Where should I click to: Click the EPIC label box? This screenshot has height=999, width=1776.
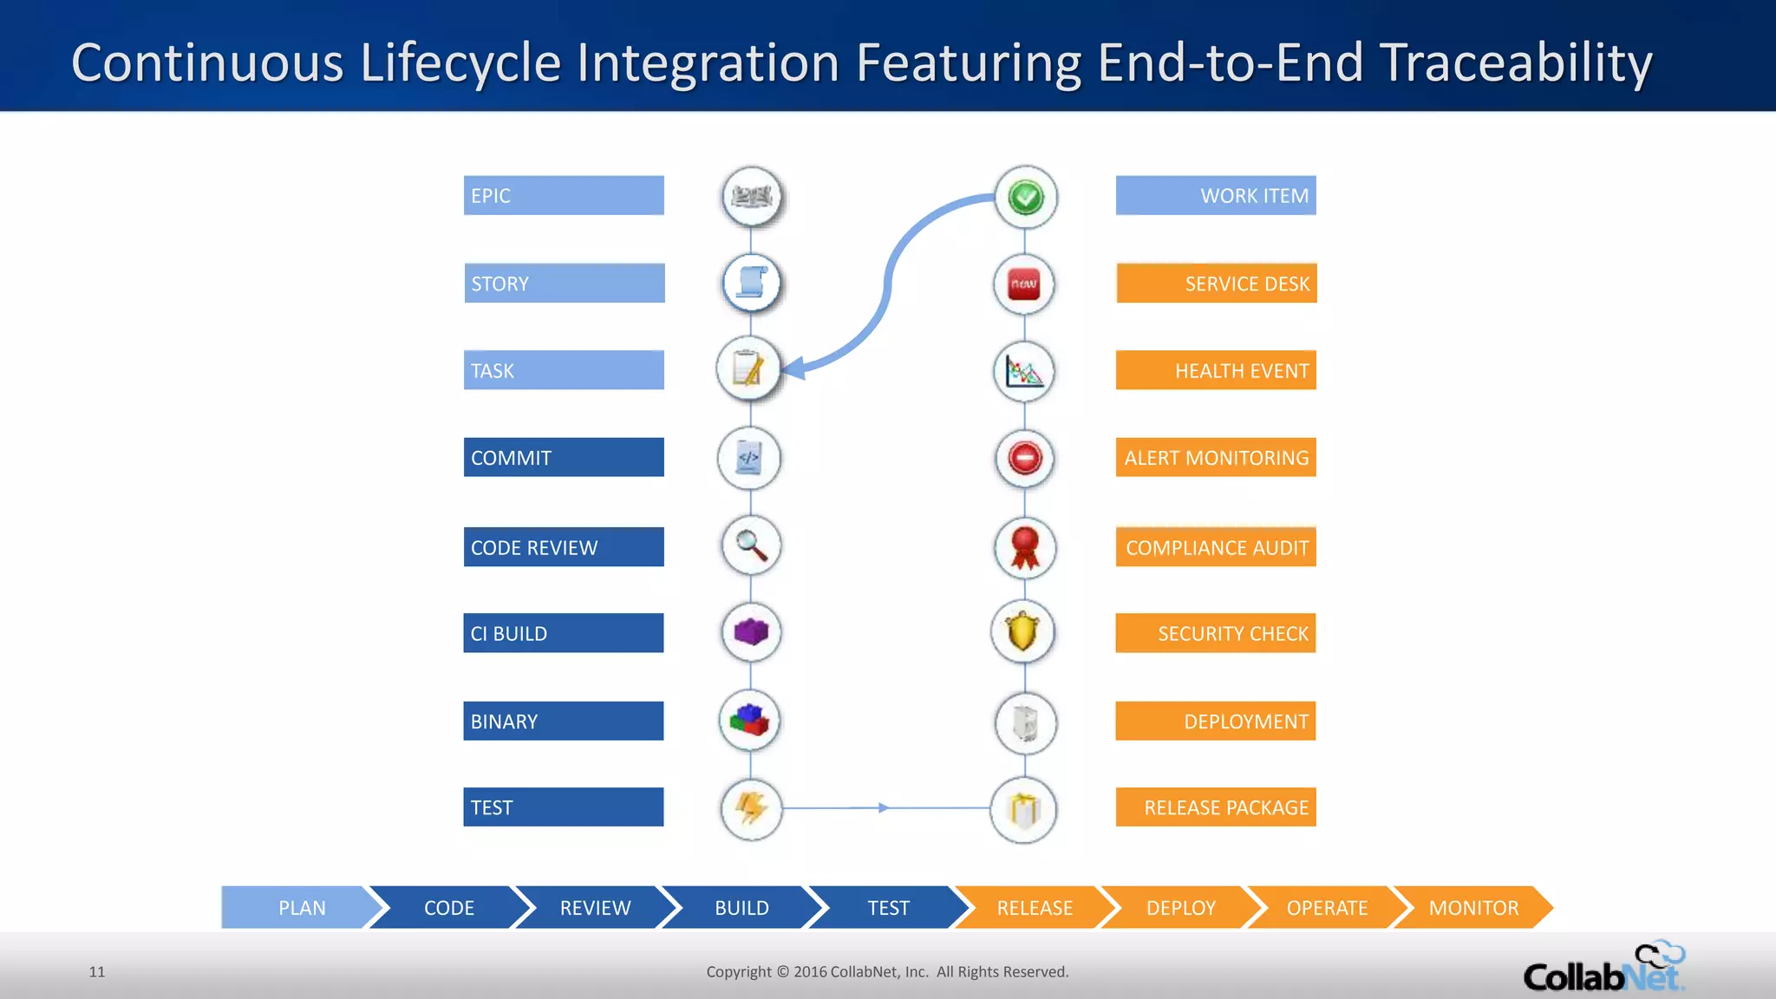564,196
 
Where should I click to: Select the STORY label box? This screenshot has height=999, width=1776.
565,284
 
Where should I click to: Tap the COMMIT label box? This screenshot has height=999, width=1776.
564,458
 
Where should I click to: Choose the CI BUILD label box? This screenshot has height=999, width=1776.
564,633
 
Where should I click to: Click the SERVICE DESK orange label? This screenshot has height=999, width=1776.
1217,284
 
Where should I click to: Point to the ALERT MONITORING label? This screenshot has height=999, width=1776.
1216,458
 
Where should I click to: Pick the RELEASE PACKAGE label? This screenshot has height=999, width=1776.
1216,807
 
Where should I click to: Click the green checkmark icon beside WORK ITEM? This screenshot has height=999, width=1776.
1026,198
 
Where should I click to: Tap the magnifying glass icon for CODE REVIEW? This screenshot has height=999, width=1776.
751,545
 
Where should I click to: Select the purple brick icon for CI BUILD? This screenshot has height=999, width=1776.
751,632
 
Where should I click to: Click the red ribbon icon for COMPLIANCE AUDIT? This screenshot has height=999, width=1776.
1025,547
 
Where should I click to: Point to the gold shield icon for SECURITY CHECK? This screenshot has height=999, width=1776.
1023,632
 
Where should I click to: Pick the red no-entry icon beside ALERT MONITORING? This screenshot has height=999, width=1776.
1025,458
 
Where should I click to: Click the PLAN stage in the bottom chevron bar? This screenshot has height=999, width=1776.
299,908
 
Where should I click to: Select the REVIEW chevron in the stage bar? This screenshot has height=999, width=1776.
595,908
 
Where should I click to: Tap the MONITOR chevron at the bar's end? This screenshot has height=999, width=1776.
1473,908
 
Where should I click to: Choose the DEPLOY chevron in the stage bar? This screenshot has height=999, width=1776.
1180,908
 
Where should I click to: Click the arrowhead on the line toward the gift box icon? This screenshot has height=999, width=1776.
883,807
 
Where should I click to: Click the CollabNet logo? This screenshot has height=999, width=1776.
1603,968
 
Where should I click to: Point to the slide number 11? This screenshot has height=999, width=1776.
97,972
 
